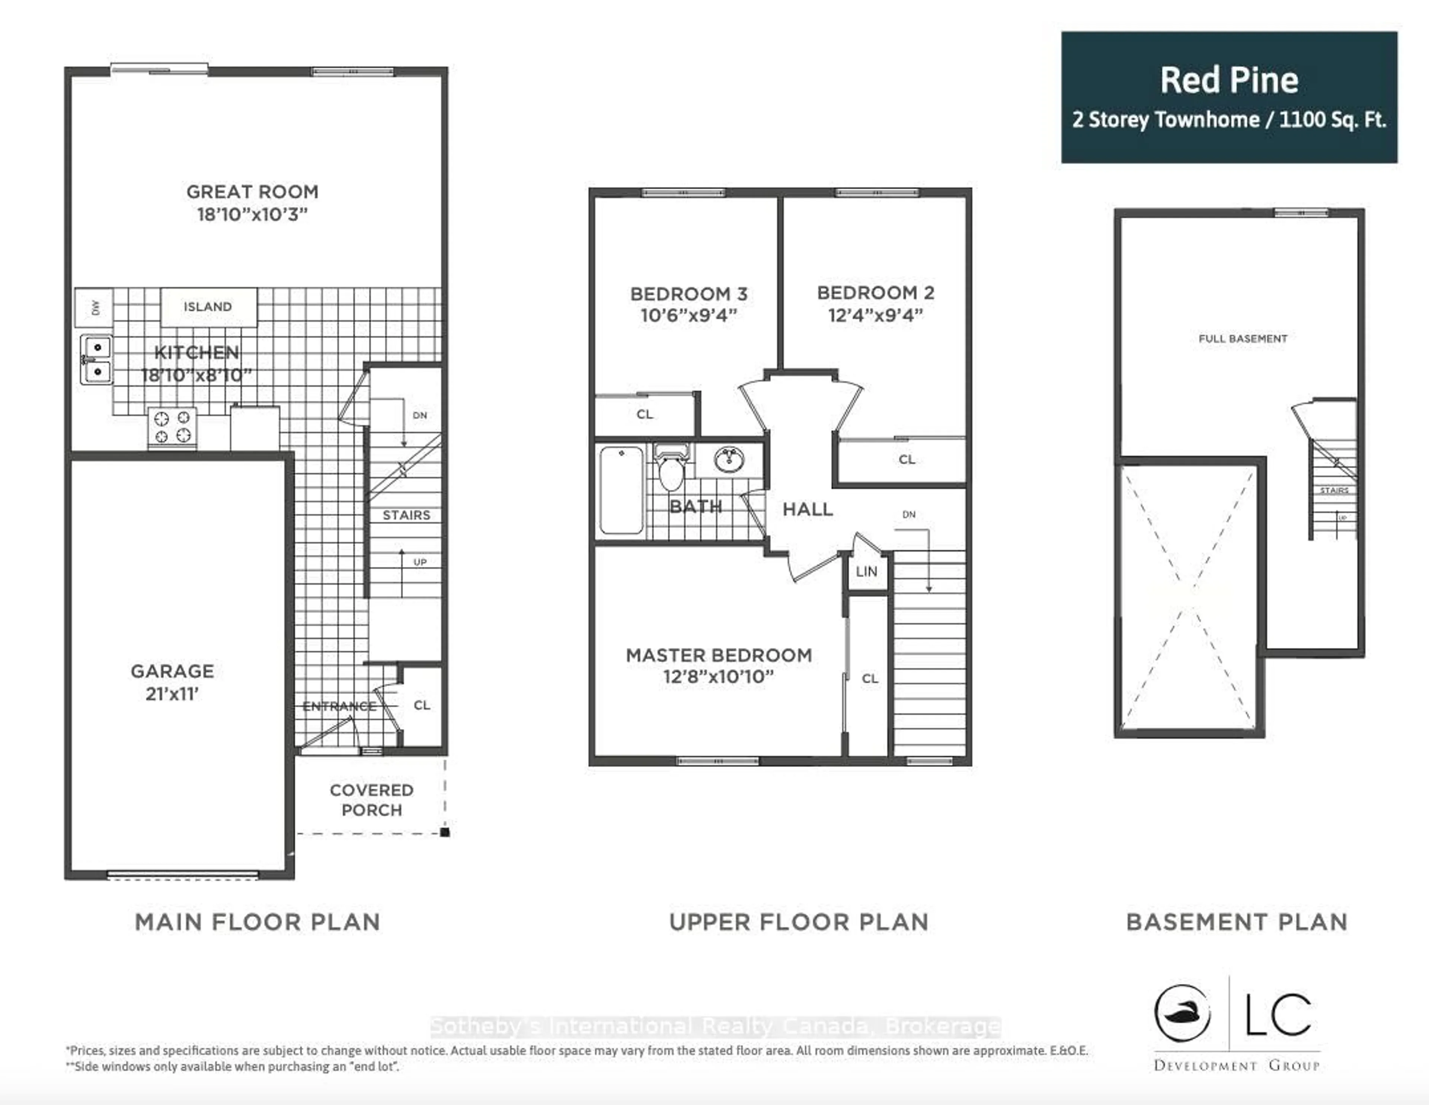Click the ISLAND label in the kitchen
pyautogui.click(x=207, y=307)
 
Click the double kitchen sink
pyautogui.click(x=97, y=359)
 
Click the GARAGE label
pyautogui.click(x=172, y=671)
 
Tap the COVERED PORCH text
pyautogui.click(x=372, y=799)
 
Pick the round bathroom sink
pyautogui.click(x=728, y=459)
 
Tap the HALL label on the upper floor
pyautogui.click(x=808, y=509)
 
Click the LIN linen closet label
pyautogui.click(x=866, y=571)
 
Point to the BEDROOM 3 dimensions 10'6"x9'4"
pyautogui.click(x=688, y=315)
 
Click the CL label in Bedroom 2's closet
pyautogui.click(x=906, y=459)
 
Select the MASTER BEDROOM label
pyautogui.click(x=719, y=655)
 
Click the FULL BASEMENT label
pyautogui.click(x=1243, y=338)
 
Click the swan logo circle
pyautogui.click(x=1182, y=1013)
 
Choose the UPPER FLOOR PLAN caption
pyautogui.click(x=798, y=922)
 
